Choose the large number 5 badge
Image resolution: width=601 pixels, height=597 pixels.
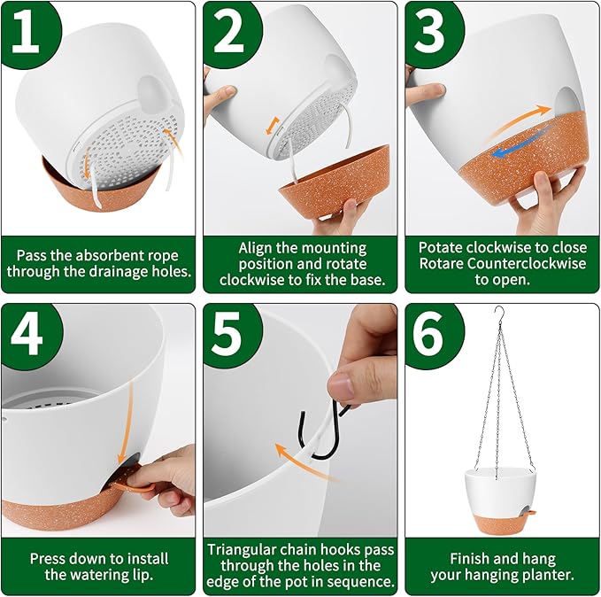pos(229,335)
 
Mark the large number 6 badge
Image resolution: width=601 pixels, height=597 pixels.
pos(430,335)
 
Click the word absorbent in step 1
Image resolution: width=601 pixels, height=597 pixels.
pos(99,255)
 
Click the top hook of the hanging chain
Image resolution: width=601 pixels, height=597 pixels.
pos(499,313)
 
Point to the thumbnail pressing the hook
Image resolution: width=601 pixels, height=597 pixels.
pos(341,384)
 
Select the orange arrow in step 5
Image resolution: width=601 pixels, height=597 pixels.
pos(303,460)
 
